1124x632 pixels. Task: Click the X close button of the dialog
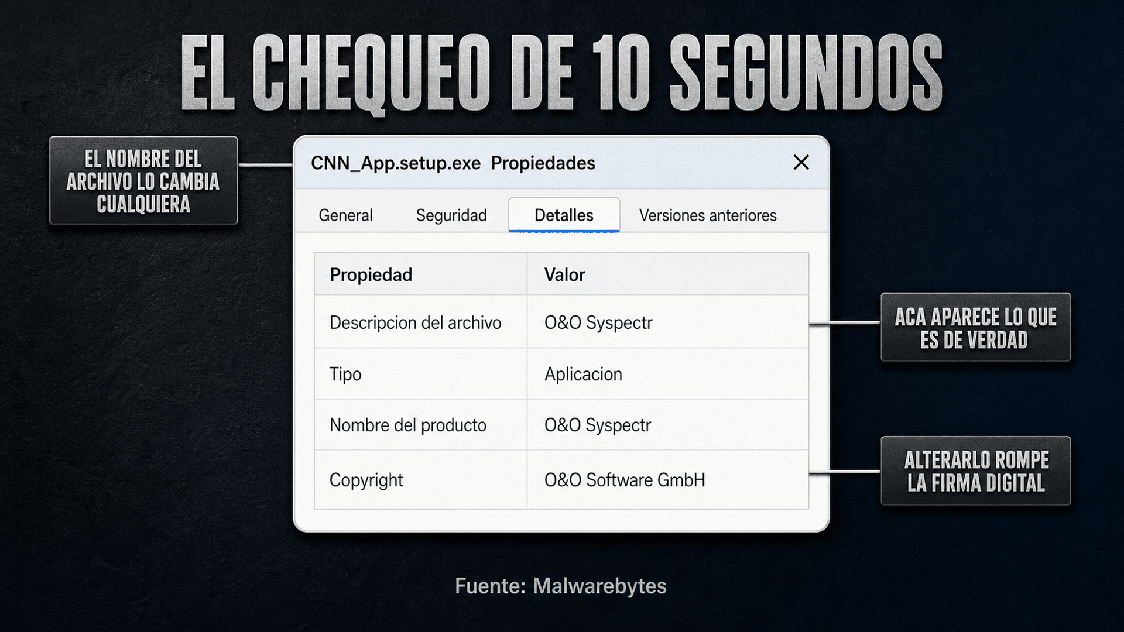801,162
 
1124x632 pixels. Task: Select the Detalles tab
564,215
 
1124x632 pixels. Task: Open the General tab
345,215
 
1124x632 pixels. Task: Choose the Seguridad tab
451,215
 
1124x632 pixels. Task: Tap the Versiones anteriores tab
708,215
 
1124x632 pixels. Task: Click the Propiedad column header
371,274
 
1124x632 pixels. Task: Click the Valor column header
564,274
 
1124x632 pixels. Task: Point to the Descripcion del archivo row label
415,322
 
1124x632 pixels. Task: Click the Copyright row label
366,480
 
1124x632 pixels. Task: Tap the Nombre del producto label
407,425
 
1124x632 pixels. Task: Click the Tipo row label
345,374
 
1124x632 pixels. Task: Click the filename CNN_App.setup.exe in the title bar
396,163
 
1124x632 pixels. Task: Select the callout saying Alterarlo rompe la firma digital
975,471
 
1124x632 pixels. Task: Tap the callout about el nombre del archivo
143,181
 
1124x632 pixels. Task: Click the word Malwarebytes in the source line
599,586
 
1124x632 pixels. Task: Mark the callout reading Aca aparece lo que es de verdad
975,328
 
